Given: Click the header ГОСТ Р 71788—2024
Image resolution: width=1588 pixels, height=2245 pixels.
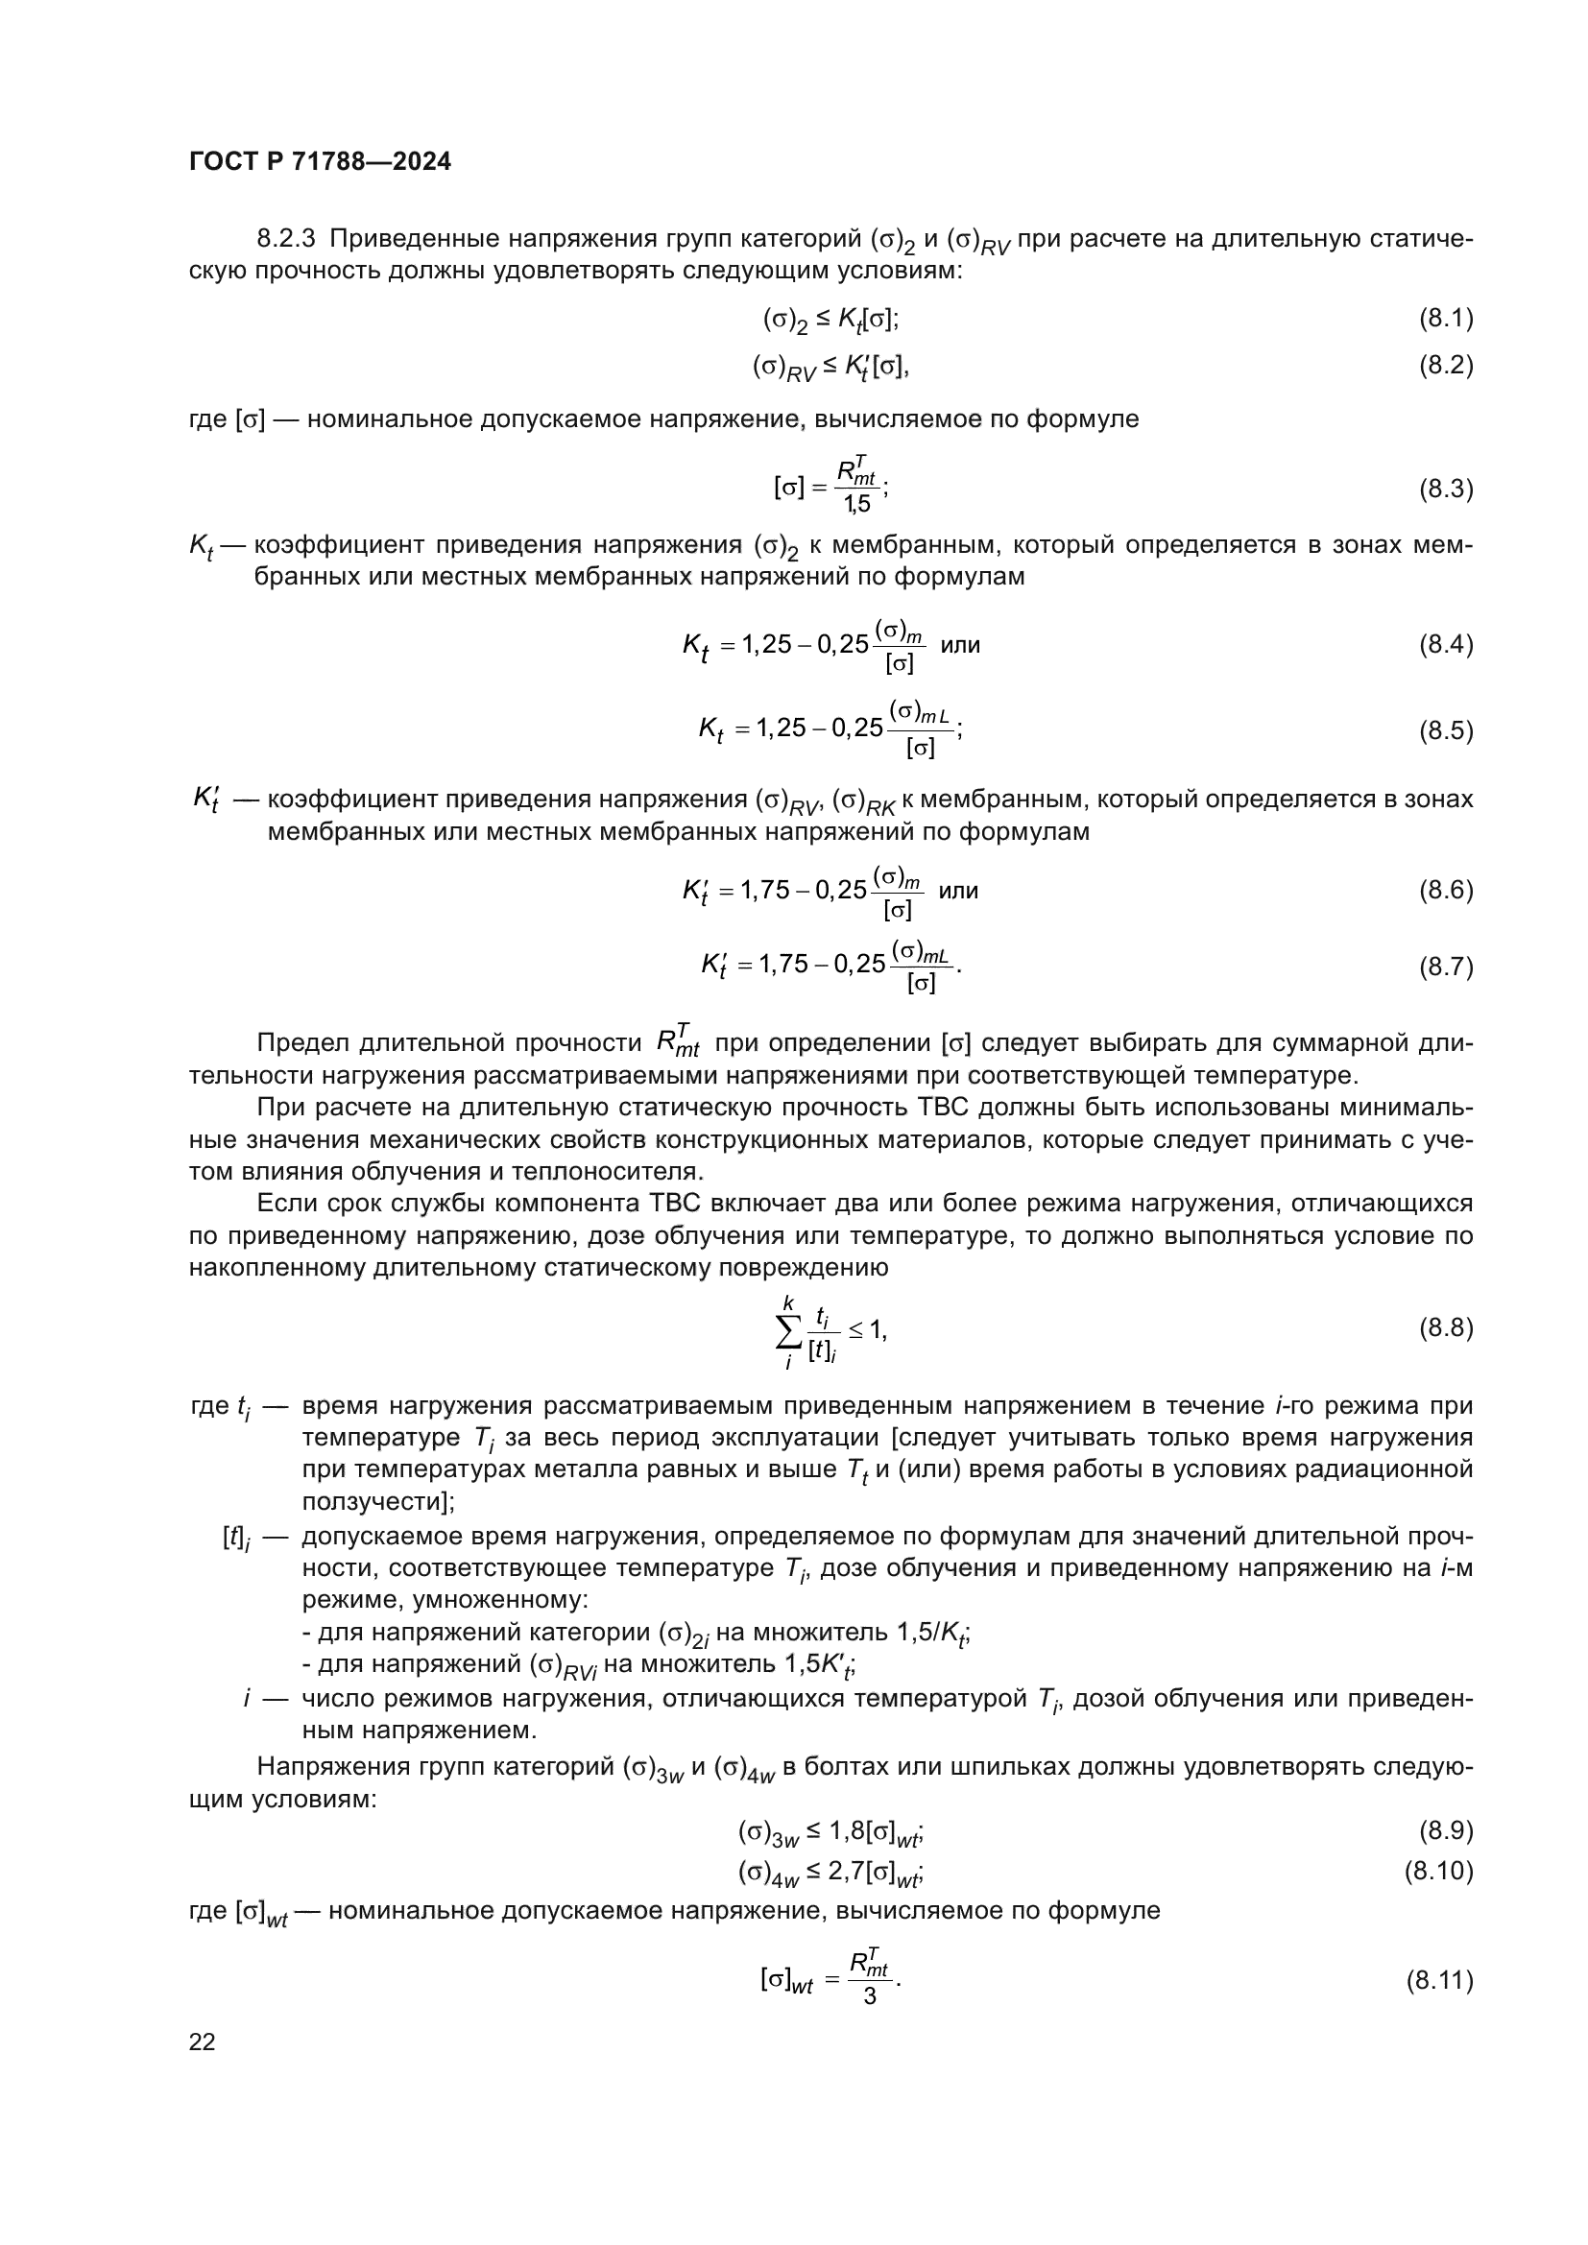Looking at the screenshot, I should (x=320, y=162).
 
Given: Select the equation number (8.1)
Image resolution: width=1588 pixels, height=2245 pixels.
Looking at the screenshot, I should (x=1445, y=318).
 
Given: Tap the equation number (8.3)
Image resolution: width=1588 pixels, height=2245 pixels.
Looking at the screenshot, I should (x=1445, y=489).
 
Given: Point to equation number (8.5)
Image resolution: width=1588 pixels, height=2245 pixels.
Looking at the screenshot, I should (x=1445, y=731).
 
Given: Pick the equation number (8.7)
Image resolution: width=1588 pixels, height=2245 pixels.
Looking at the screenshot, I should (x=1445, y=967).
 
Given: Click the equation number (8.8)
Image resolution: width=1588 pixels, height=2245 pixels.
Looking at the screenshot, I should (x=1445, y=1327).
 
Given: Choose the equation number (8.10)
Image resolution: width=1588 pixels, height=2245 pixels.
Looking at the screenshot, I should (x=1438, y=1871).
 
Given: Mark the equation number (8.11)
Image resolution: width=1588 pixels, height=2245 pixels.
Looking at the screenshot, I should (x=1438, y=1981).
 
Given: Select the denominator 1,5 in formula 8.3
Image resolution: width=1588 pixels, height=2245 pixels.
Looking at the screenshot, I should (x=857, y=505).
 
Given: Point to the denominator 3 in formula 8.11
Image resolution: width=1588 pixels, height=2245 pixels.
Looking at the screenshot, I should (x=869, y=1996).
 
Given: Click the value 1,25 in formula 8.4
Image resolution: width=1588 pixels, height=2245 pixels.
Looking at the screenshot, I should (x=766, y=644).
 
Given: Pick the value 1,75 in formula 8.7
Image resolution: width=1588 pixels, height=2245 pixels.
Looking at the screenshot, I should (x=783, y=965).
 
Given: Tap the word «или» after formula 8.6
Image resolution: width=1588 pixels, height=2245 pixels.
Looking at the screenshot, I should (x=957, y=891).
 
